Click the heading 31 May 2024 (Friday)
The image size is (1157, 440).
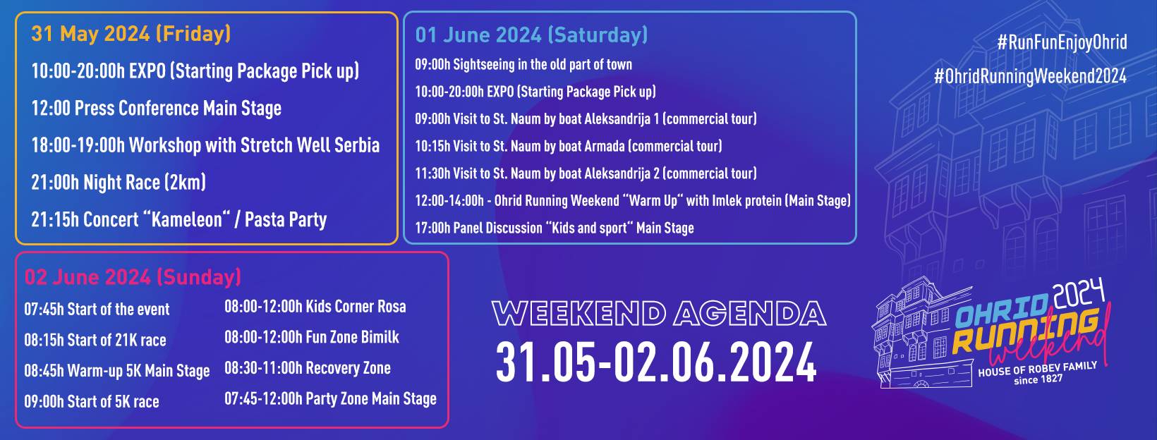click(131, 34)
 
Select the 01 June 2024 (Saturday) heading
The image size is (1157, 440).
click(531, 35)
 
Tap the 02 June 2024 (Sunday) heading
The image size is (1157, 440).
click(133, 277)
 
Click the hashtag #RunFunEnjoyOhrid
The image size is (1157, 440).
click(1062, 42)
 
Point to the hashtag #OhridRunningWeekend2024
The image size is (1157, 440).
click(1031, 76)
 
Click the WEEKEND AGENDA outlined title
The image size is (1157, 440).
click(659, 314)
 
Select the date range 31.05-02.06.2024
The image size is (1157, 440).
click(656, 363)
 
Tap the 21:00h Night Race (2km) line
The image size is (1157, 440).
click(119, 183)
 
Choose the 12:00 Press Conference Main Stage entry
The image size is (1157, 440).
click(156, 109)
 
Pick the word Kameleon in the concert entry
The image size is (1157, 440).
click(187, 220)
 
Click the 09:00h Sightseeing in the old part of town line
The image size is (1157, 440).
click(523, 65)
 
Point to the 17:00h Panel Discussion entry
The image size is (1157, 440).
click(555, 228)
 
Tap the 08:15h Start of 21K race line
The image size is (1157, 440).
click(95, 340)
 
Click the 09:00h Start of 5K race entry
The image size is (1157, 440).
click(92, 401)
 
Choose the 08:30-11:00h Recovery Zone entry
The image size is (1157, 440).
click(308, 367)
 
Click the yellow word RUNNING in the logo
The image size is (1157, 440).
click(1025, 332)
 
